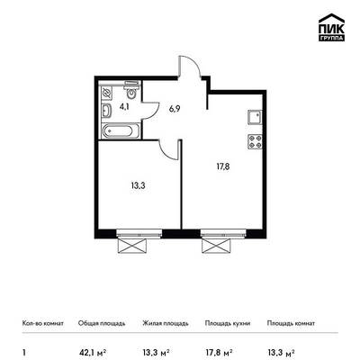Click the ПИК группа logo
click(331, 27)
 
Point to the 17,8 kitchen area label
click(223, 166)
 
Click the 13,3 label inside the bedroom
click(138, 186)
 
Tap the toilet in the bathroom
click(131, 89)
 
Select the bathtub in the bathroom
click(121, 130)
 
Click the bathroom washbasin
click(106, 111)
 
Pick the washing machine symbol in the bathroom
click(106, 94)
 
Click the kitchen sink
click(255, 118)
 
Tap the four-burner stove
click(255, 142)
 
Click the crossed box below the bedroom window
click(132, 246)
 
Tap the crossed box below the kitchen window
click(217, 246)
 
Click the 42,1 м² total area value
click(93, 352)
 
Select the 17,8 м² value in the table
click(219, 352)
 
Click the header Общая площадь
click(102, 324)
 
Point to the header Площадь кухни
click(228, 324)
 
